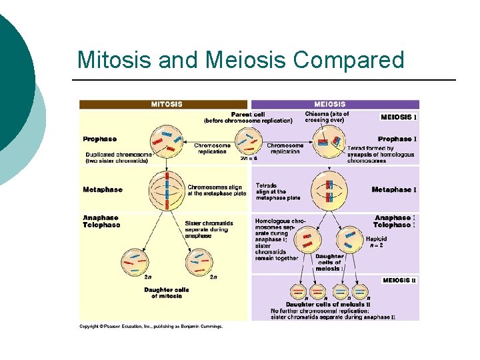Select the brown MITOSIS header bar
tap(163, 104)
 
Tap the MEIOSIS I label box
tap(399, 117)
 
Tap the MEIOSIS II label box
tap(399, 281)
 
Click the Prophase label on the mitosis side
tap(100, 139)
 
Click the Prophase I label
tap(397, 139)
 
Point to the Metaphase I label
tap(394, 190)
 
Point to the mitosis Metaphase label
tap(103, 190)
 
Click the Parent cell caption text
tap(248, 117)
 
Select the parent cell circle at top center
tap(248, 140)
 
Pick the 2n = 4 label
tap(248, 159)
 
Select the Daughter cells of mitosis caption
tap(167, 293)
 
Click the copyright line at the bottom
tap(151, 326)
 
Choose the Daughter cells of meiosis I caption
tap(329, 263)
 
